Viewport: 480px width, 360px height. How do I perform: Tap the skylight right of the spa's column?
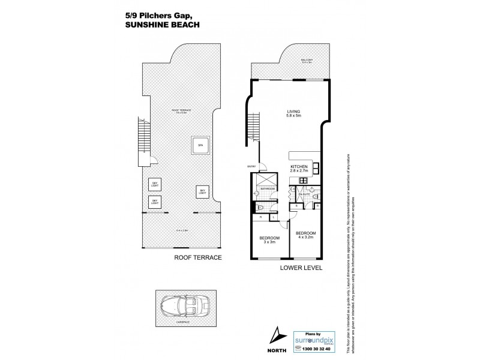202,191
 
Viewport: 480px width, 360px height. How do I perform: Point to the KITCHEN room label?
299,169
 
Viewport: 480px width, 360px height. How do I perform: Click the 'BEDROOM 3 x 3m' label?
269,241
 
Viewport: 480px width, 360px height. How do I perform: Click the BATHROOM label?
267,188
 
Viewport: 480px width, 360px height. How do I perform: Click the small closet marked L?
265,217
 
